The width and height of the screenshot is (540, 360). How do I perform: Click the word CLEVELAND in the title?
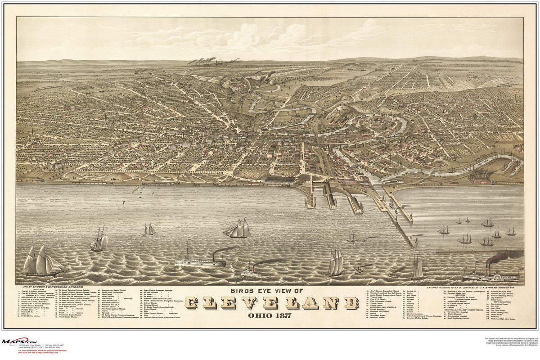(271, 303)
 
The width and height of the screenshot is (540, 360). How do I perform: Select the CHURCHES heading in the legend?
(34, 289)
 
